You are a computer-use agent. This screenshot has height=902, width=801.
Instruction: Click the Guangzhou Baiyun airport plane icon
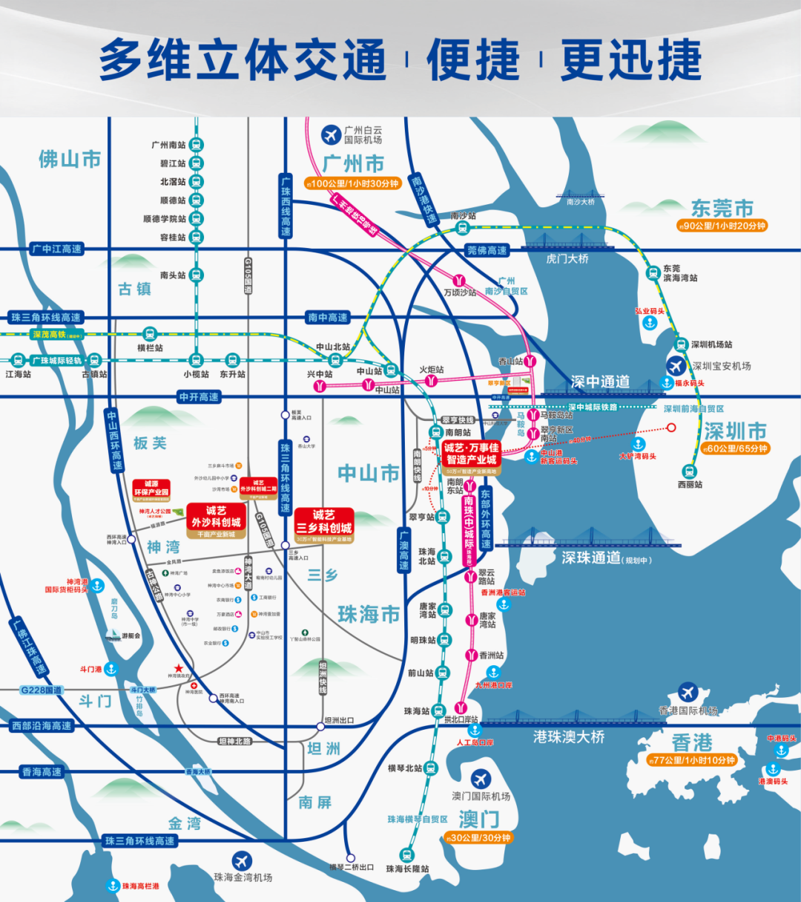click(331, 134)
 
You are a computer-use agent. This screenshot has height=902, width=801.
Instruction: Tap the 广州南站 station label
click(169, 145)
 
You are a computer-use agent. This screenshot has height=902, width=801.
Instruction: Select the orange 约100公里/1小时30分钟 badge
click(352, 183)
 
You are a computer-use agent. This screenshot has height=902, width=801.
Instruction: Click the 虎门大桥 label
click(567, 258)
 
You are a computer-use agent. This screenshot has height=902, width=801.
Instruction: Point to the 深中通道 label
click(600, 382)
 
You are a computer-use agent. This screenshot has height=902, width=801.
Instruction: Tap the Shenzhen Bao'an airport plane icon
click(676, 365)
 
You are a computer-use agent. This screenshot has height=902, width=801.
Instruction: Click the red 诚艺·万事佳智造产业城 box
click(472, 454)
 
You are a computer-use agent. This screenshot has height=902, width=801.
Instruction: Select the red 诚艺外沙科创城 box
click(216, 517)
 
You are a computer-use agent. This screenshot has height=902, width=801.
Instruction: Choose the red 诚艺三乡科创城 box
click(324, 521)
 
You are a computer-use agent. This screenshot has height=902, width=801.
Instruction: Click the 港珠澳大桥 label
click(569, 736)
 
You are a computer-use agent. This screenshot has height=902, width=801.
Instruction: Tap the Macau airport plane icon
click(481, 779)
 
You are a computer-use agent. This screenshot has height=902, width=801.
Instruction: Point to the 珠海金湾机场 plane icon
click(242, 860)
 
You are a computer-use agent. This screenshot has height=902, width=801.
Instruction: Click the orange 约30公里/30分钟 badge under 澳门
click(478, 838)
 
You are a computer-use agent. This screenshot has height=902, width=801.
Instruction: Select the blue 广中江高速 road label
click(57, 249)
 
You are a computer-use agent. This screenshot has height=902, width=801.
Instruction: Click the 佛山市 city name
click(70, 159)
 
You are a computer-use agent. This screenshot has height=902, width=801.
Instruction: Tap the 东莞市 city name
click(722, 208)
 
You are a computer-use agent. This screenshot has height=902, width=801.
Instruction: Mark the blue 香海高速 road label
click(42, 772)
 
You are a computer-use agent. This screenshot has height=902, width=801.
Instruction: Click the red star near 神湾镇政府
click(178, 668)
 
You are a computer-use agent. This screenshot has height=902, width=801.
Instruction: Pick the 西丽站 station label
click(690, 485)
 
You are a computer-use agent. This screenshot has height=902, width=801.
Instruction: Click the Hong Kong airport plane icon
click(688, 693)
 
